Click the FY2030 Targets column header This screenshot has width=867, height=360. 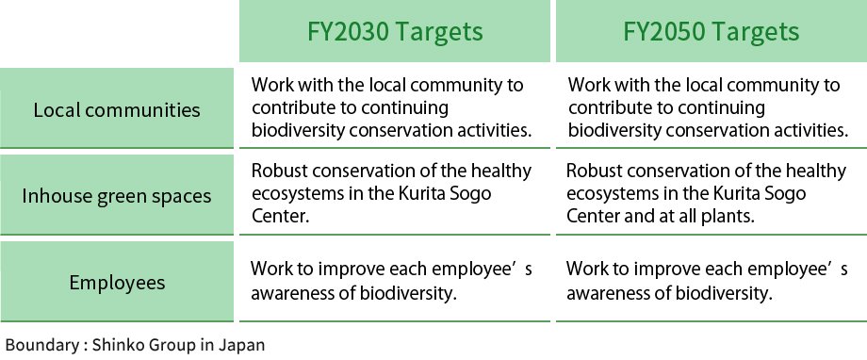tap(395, 32)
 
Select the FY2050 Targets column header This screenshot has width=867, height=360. tap(712, 32)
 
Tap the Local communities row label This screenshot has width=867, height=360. tap(117, 109)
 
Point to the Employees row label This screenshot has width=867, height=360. tap(117, 282)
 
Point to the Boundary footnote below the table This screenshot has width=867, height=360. tap(135, 344)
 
